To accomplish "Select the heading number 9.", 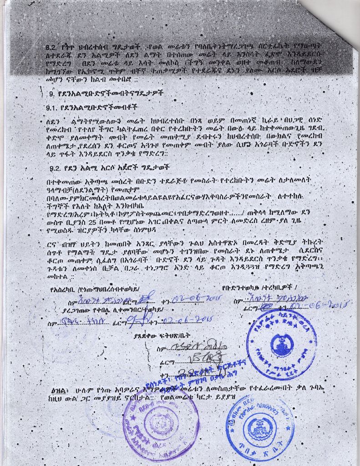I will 52,94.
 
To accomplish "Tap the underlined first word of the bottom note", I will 61,391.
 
